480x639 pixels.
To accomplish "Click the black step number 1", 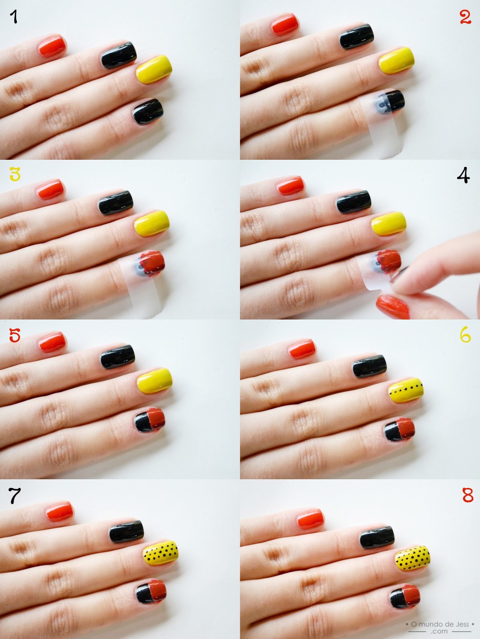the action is [x=14, y=17].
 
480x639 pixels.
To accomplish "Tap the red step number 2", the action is [x=466, y=17].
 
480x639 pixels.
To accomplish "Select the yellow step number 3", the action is [x=15, y=174].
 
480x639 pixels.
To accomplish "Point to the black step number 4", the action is [x=463, y=175].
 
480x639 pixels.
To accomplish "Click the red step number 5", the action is [x=14, y=335].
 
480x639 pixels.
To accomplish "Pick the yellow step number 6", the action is [x=465, y=335].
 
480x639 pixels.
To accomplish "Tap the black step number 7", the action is [x=14, y=496].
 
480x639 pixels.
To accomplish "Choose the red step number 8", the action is [x=468, y=495].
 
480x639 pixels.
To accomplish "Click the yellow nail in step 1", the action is [x=154, y=69].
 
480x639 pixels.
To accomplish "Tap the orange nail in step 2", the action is [x=285, y=25].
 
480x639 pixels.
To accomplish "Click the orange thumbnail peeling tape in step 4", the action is [x=393, y=307].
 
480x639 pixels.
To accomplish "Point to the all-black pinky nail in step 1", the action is [x=148, y=112].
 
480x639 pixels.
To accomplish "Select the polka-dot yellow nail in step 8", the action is [x=412, y=559].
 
